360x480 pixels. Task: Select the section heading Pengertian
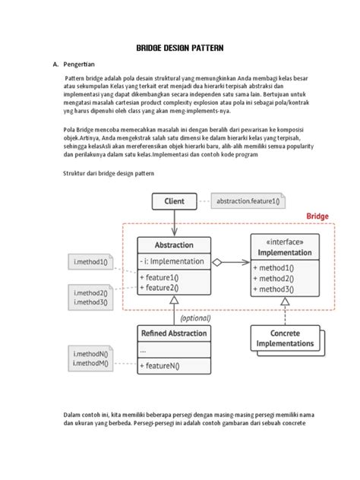pos(83,66)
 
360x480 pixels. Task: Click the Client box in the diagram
pos(174,202)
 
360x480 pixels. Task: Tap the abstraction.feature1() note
pos(247,202)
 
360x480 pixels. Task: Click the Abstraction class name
pos(174,246)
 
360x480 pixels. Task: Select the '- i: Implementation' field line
pos(172,261)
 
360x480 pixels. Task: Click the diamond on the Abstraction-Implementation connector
pos(217,262)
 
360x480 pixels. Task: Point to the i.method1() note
pos(90,262)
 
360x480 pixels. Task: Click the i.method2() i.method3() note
pos(91,297)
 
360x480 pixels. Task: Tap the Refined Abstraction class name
pos(174,333)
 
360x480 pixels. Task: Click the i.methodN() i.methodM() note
pos(91,358)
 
